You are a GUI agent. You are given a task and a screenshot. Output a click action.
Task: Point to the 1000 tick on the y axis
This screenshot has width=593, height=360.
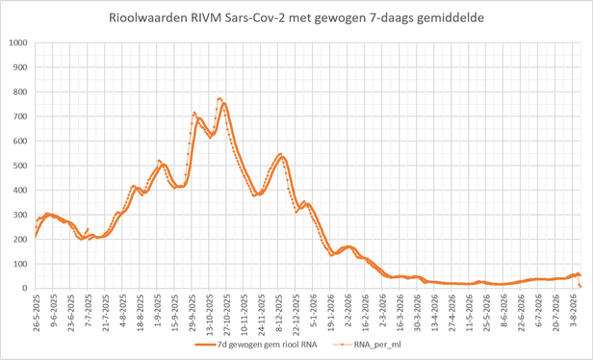18,42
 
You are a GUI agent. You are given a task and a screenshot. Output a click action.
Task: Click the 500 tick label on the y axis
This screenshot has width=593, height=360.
21,166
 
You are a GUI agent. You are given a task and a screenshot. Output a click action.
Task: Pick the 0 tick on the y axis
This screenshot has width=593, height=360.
26,289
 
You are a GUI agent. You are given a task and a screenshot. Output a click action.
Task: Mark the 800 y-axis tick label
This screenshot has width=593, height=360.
21,91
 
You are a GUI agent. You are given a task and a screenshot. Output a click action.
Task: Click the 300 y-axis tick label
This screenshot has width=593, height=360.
21,215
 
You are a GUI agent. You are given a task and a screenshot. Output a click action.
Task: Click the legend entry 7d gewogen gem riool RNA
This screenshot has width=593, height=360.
256,345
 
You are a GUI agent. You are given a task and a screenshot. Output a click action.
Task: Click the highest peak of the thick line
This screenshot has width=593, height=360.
224,103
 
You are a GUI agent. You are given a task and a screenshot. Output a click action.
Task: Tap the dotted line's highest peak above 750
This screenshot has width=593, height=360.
219,99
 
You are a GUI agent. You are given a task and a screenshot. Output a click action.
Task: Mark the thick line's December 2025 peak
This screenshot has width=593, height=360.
282,157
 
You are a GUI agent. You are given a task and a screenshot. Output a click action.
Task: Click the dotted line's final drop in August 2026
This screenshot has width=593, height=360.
580,281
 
